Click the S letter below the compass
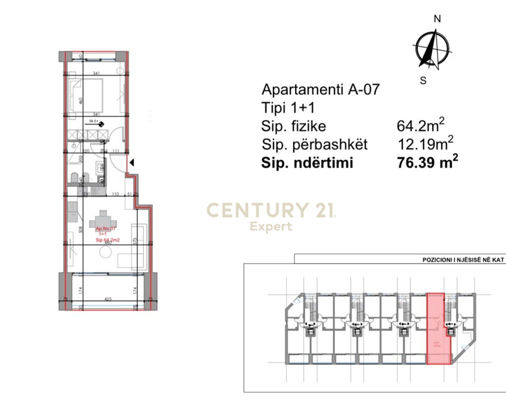(x=423, y=80)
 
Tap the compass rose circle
(x=432, y=50)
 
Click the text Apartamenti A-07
(x=320, y=89)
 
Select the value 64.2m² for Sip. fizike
(x=420, y=125)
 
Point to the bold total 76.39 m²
(x=427, y=163)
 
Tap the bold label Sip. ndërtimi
(x=307, y=163)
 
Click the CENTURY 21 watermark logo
(x=271, y=211)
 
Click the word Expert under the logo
(x=271, y=226)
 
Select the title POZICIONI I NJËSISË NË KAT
(x=463, y=260)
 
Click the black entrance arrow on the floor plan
(x=132, y=162)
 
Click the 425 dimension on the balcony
(x=107, y=299)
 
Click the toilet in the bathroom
(x=73, y=178)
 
